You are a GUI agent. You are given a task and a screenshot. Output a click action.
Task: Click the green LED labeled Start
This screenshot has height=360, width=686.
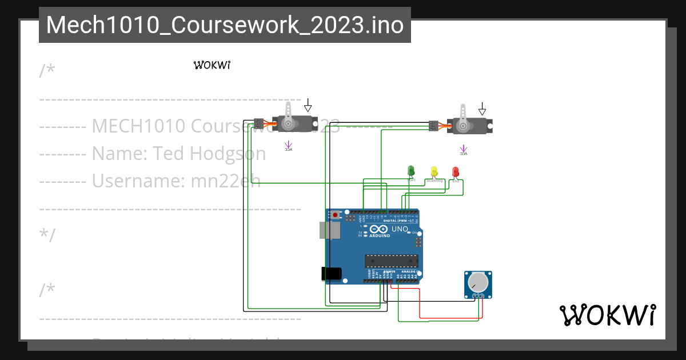(410, 171)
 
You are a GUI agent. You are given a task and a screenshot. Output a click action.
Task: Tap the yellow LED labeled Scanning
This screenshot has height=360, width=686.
(434, 171)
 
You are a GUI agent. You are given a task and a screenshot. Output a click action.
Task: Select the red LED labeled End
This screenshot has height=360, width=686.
(456, 171)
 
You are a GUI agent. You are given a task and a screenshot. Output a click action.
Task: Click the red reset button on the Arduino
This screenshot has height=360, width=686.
(335, 215)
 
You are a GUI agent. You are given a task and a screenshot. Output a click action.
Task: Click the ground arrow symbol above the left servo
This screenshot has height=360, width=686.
(308, 105)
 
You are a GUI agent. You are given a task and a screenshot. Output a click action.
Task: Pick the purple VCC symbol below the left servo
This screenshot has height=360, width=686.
(288, 146)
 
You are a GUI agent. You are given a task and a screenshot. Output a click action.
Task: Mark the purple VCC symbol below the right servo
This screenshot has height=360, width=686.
(463, 150)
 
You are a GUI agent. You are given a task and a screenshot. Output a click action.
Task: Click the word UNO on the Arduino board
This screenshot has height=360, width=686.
(400, 229)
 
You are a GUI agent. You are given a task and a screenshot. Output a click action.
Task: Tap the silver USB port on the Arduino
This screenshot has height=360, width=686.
(330, 230)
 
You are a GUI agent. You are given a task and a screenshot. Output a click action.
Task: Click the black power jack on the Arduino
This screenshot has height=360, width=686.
(332, 274)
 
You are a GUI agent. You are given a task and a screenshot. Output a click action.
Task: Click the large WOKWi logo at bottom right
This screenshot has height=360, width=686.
(607, 315)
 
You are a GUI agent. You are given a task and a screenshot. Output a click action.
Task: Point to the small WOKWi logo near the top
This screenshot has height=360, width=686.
(212, 65)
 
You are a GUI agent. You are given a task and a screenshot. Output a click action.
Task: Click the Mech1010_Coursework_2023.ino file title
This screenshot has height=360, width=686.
(225, 25)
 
